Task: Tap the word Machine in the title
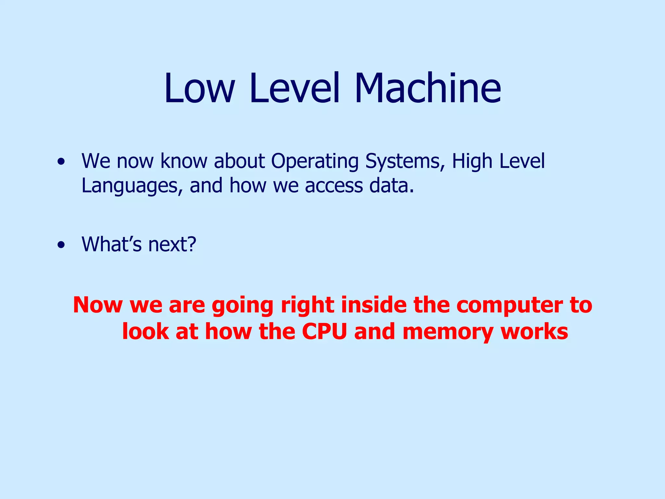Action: click(x=428, y=88)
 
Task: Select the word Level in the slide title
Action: click(x=295, y=88)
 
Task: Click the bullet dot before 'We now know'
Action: click(x=61, y=161)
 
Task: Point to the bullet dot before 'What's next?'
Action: click(x=61, y=245)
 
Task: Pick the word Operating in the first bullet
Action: click(x=315, y=161)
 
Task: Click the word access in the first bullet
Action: click(x=334, y=186)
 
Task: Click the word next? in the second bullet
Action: click(x=172, y=244)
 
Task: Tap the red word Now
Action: click(x=98, y=305)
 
